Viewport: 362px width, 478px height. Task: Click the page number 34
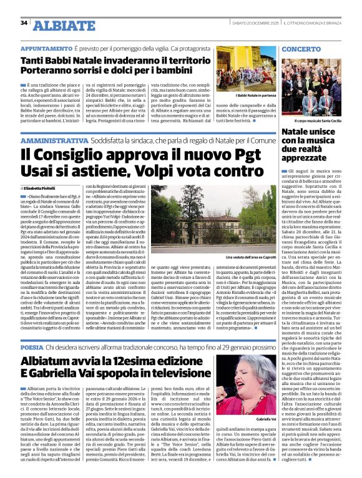(24, 22)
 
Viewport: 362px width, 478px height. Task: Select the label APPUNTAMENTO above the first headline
(45, 48)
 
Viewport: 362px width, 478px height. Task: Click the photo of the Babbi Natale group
(245, 68)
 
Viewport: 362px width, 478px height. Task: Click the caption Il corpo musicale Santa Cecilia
(320, 120)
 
